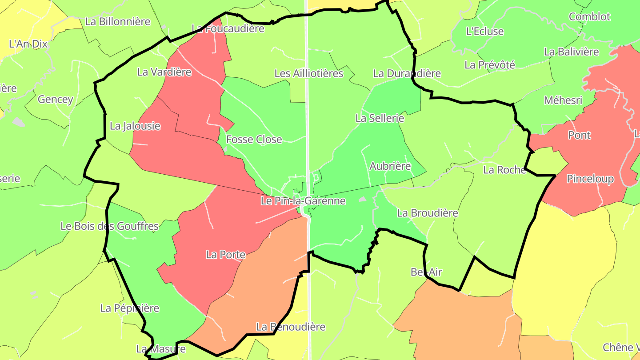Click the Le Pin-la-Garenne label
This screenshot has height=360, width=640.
point(303,201)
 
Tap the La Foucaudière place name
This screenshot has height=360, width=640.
point(228,29)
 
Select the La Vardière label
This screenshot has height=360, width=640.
point(164,72)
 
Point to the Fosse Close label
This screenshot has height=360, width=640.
point(254,140)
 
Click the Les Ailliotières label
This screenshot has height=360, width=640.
point(309,73)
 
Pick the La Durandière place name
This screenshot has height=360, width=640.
point(407,73)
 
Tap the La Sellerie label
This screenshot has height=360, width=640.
point(380,118)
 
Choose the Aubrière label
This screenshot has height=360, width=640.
point(390,166)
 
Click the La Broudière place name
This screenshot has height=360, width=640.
point(428,213)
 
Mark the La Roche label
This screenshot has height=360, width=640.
point(504,170)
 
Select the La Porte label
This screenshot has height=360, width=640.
point(225,255)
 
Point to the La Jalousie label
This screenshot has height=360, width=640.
point(135,126)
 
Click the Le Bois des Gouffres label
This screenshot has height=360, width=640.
point(109,226)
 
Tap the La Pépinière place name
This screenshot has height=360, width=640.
point(130,308)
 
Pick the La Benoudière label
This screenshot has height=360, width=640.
point(291,327)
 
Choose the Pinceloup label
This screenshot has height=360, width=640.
point(590,179)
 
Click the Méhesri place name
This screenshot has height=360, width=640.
point(563,100)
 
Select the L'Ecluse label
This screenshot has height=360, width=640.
point(485,32)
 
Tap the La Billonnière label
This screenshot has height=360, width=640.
point(118,21)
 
